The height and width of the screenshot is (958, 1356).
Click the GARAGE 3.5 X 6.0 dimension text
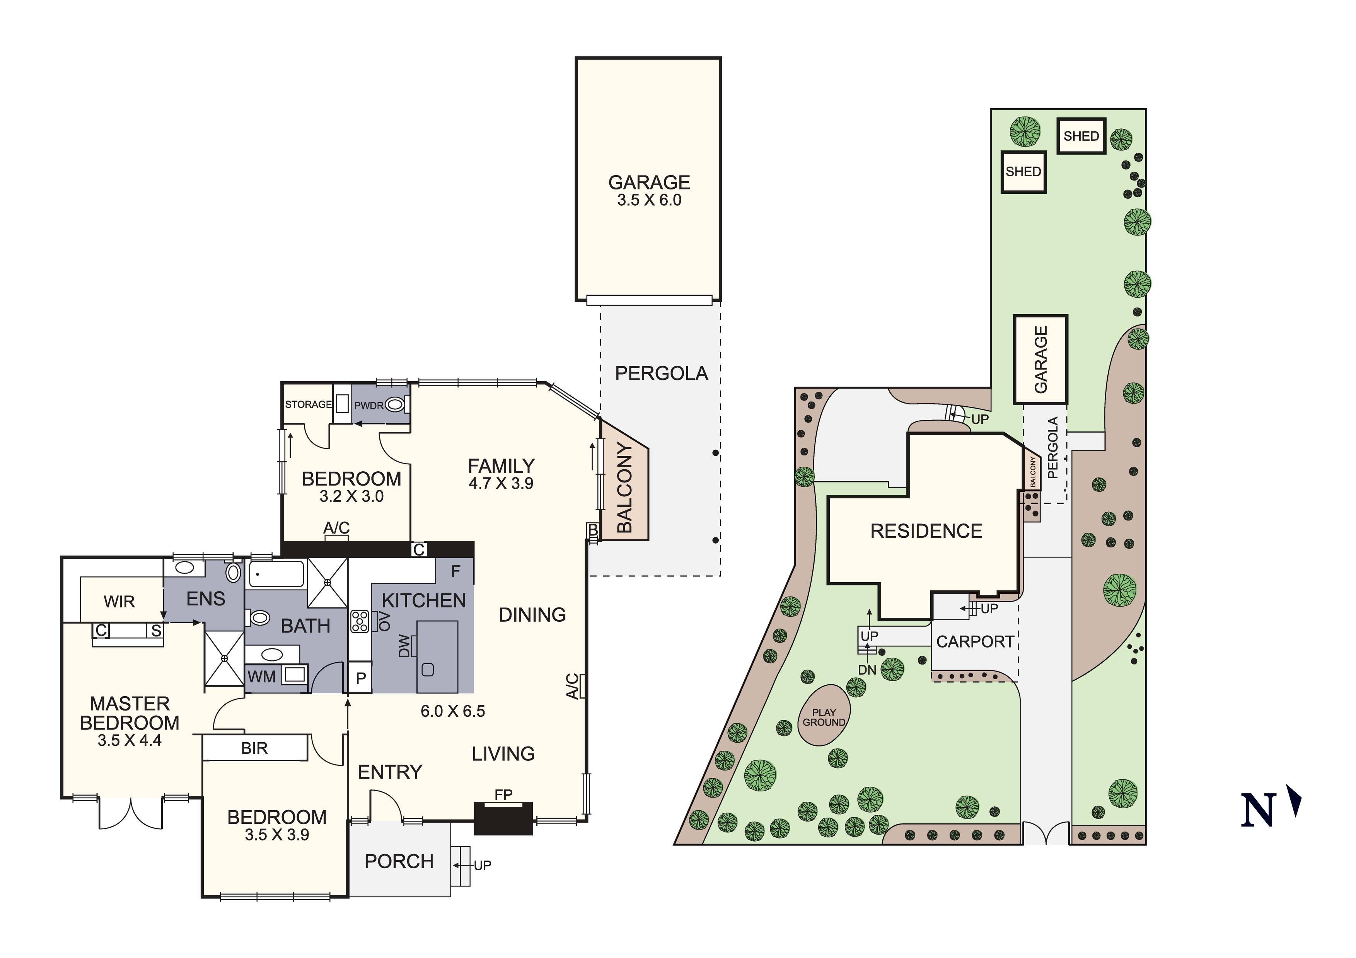pyautogui.click(x=649, y=200)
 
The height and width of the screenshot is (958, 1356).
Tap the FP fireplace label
pyautogui.click(x=503, y=795)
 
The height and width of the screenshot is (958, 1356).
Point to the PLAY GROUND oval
pyautogui.click(x=824, y=715)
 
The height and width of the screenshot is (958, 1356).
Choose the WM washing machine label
pyautogui.click(x=262, y=676)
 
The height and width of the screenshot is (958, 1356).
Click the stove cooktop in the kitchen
pyautogui.click(x=360, y=621)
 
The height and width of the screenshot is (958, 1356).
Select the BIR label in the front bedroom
pyautogui.click(x=254, y=748)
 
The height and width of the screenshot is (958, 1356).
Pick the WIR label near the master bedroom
pyautogui.click(x=119, y=602)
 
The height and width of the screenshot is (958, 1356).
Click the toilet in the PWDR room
pyautogui.click(x=395, y=405)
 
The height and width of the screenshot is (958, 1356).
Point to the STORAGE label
pyautogui.click(x=308, y=405)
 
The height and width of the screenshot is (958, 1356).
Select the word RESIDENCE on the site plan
pyautogui.click(x=926, y=531)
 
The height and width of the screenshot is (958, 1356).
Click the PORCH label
pyautogui.click(x=399, y=862)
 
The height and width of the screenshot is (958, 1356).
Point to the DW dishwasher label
pyautogui.click(x=404, y=646)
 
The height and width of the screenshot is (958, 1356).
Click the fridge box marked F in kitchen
pyautogui.click(x=455, y=571)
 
